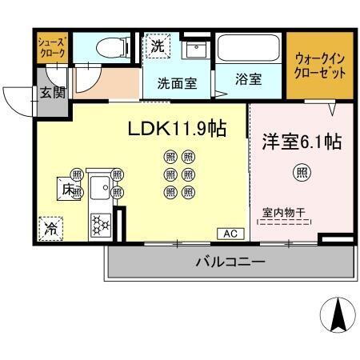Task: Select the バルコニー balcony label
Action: [x=230, y=262]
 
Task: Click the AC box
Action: [x=230, y=234]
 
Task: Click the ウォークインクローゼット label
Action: [x=320, y=66]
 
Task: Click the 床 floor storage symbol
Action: [x=67, y=189]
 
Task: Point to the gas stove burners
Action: [x=101, y=224]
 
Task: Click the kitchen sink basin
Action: [x=101, y=189]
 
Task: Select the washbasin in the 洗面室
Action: [x=194, y=50]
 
